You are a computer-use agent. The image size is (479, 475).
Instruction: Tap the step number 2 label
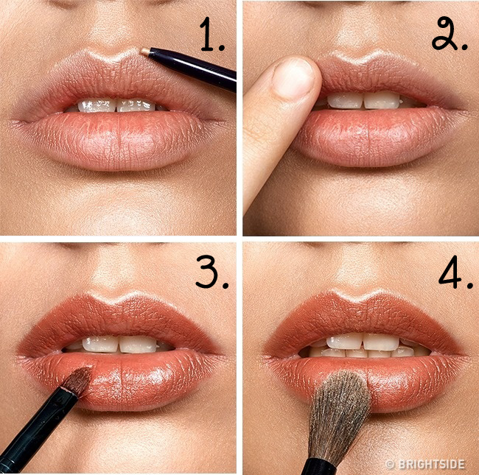449,33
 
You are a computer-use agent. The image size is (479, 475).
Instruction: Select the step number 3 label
211,272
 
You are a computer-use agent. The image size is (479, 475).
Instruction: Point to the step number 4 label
455,272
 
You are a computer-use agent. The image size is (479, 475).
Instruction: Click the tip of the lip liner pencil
141,52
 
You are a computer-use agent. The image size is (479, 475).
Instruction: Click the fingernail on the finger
294,78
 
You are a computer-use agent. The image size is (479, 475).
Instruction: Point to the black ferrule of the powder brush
318,466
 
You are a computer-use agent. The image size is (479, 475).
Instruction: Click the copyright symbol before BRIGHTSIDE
390,464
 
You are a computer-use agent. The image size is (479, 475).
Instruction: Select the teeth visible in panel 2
363,101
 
